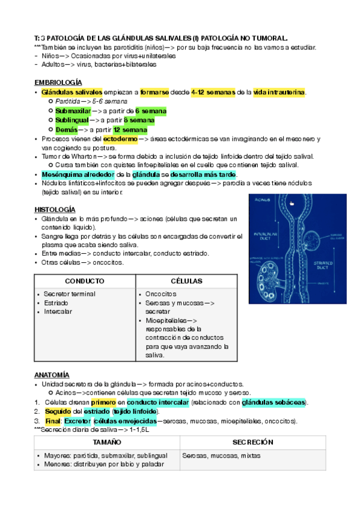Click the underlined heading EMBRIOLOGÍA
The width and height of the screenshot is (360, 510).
[x=58, y=82]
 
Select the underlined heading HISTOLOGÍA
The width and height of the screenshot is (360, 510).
[x=54, y=209]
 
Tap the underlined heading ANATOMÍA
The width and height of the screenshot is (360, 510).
[x=52, y=374]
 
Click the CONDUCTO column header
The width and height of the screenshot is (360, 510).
[x=85, y=281]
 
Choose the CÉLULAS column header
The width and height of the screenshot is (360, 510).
[x=186, y=281]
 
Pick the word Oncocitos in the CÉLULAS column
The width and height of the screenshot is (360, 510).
[x=161, y=294]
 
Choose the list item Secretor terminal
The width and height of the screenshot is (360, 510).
[x=69, y=294]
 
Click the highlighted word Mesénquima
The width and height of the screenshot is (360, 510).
[x=63, y=174]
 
